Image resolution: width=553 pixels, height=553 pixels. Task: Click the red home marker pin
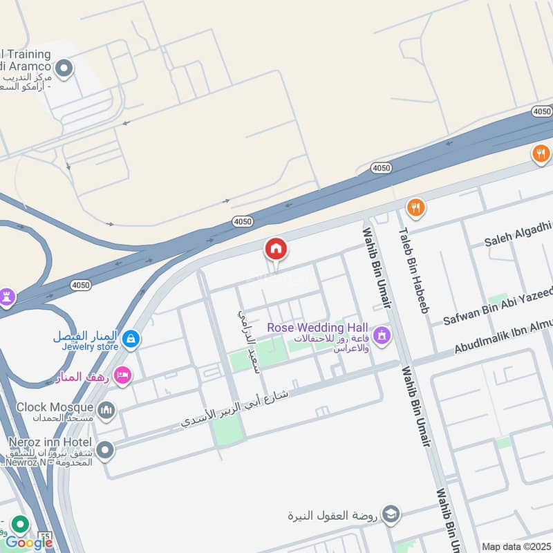pos(276,249)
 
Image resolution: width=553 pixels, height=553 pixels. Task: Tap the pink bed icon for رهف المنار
pos(122,376)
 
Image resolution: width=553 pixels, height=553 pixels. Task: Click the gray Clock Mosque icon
pos(106,411)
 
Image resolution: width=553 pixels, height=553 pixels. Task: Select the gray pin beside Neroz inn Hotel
pos(105,451)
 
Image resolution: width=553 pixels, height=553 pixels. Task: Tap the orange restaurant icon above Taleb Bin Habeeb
pos(415,206)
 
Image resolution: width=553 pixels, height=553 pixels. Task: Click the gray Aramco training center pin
pos(64,68)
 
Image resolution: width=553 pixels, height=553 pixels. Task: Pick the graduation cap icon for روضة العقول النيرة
pos(391,514)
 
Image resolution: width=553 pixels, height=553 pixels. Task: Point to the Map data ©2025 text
pos(516,546)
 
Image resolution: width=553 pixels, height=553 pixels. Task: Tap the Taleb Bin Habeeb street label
pos(412,272)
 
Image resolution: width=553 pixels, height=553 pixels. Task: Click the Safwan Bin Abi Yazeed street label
pos(498,305)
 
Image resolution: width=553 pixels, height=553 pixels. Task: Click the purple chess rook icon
pos(7,297)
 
